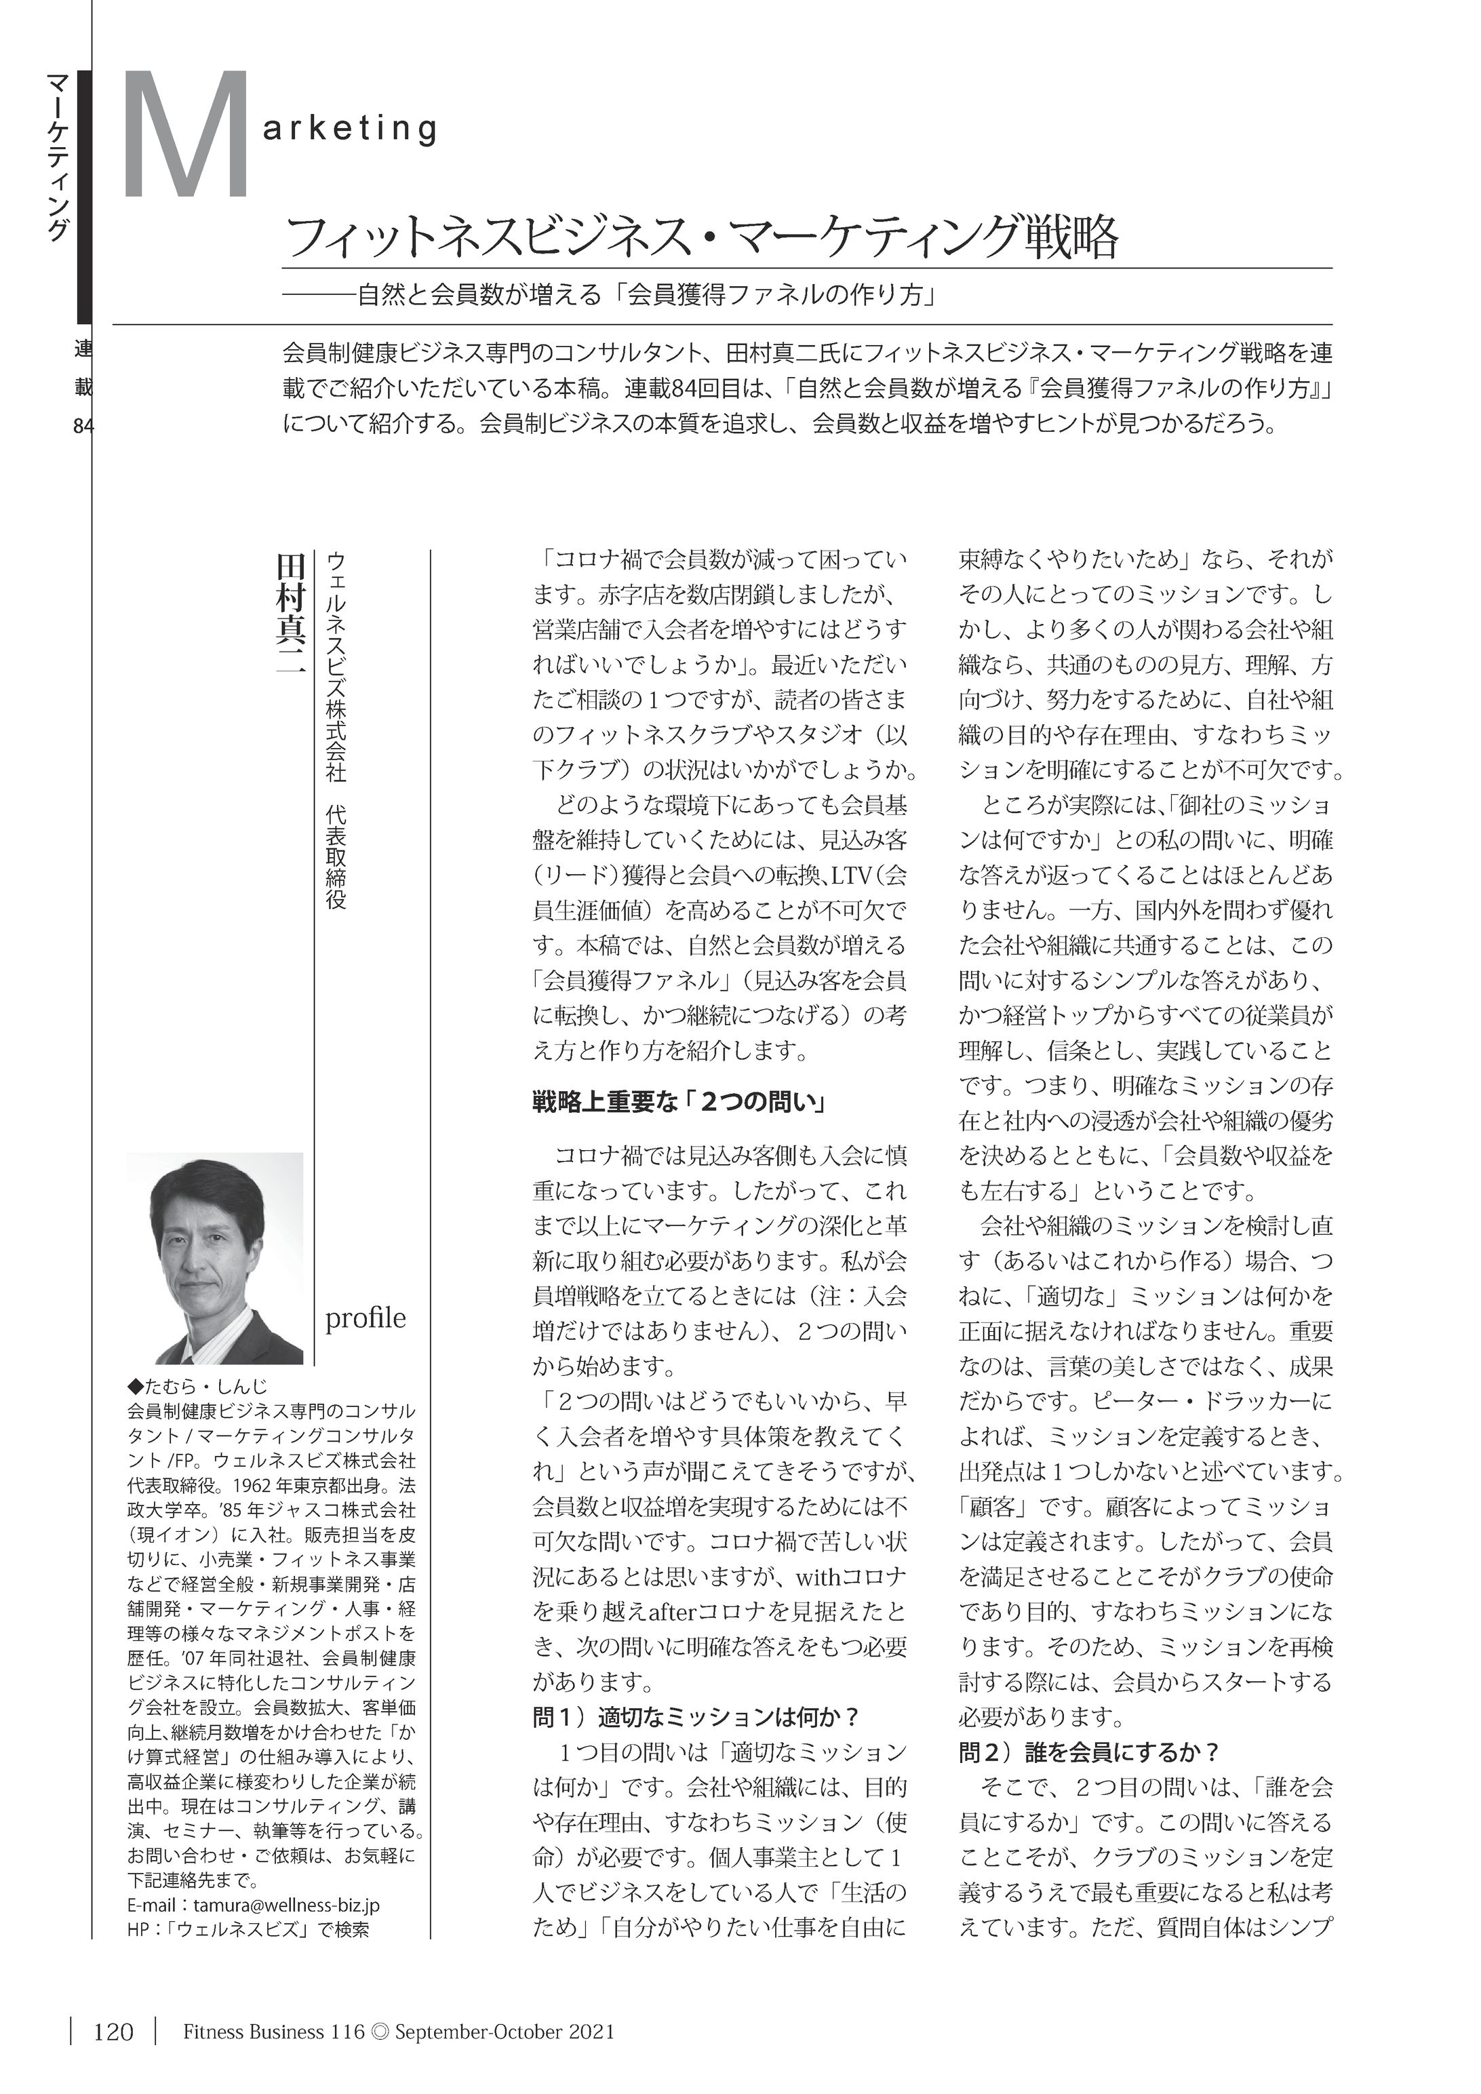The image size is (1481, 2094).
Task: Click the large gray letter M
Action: tap(187, 137)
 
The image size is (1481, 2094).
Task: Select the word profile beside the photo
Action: tap(366, 1319)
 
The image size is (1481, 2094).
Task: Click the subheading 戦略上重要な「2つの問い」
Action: tap(679, 1103)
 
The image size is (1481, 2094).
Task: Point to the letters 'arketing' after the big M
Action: tap(350, 130)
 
